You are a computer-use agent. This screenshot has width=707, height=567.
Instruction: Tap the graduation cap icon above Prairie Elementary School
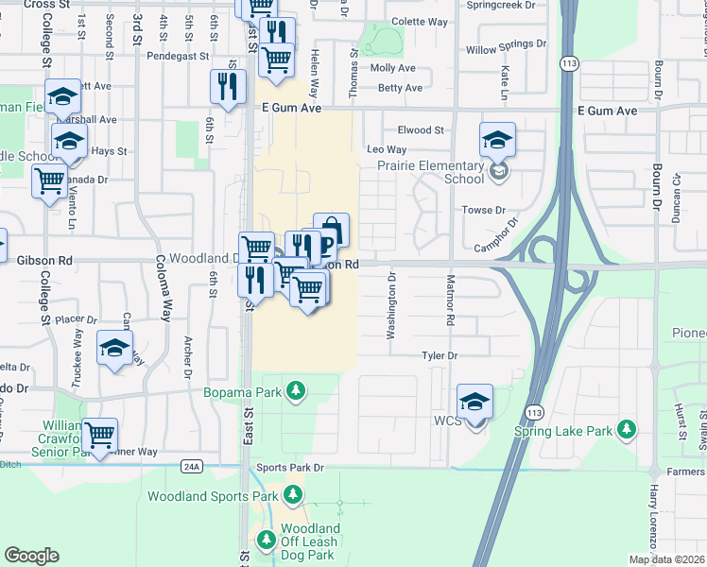[497, 141]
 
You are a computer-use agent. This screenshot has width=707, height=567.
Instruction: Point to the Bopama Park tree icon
[297, 390]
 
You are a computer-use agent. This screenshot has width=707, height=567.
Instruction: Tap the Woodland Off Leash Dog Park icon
[266, 541]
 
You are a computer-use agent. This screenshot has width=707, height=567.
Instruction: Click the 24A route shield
[192, 466]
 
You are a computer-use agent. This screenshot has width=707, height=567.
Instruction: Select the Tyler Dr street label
[440, 356]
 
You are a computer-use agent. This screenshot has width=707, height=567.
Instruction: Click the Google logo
[31, 556]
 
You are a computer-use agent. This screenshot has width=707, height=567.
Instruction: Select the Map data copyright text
[666, 559]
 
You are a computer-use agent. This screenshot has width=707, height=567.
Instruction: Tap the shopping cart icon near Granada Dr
[49, 180]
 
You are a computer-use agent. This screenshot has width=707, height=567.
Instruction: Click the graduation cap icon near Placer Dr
[114, 348]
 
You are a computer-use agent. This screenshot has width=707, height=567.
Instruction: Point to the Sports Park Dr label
[290, 468]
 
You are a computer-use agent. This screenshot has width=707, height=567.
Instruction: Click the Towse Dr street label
[483, 210]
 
